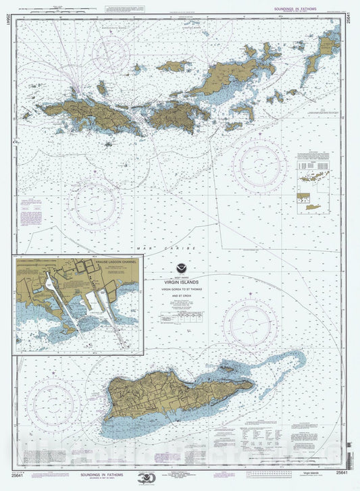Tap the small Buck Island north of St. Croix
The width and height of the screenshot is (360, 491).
pyautogui.click(x=227, y=369)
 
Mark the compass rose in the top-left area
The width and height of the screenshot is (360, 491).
pyautogui.click(x=112, y=54)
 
